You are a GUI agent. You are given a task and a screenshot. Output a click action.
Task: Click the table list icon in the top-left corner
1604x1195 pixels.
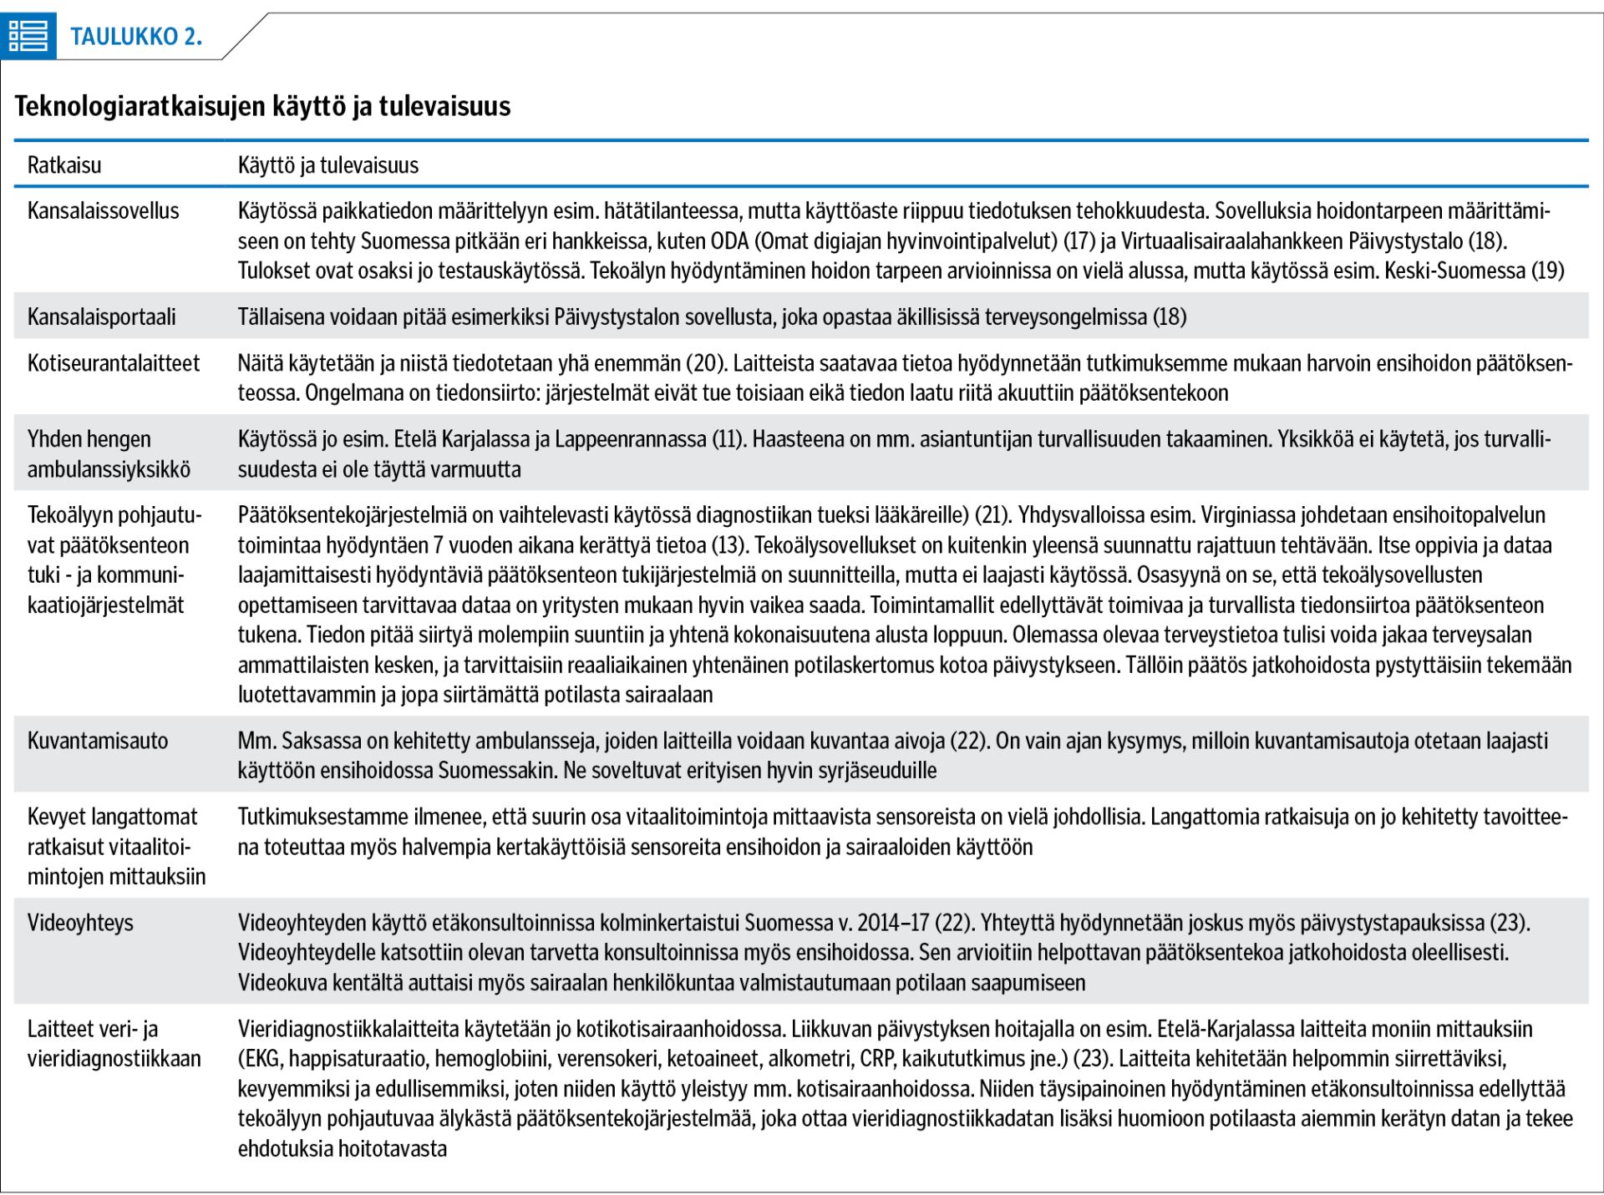(x=28, y=36)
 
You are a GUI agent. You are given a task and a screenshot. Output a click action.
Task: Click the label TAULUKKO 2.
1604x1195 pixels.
(x=136, y=37)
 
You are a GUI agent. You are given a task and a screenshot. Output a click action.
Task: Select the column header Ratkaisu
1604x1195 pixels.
(x=64, y=165)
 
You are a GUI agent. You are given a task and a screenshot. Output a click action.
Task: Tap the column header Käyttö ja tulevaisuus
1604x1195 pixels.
(x=328, y=165)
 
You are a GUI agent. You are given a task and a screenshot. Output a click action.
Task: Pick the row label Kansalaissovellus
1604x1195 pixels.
(x=103, y=210)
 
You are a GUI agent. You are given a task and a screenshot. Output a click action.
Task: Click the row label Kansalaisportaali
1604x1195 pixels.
(x=101, y=316)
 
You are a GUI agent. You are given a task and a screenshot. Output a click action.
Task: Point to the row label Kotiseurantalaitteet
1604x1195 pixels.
(x=114, y=363)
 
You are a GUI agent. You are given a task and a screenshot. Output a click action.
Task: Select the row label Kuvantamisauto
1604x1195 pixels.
(x=98, y=741)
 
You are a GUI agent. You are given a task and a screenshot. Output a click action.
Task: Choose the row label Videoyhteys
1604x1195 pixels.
(x=80, y=923)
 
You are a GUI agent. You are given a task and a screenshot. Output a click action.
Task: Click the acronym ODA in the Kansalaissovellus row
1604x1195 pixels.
(x=731, y=241)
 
